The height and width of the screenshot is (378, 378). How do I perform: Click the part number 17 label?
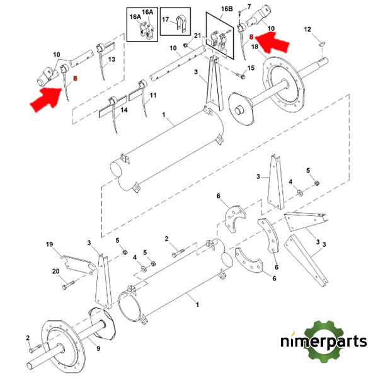[x=165, y=20]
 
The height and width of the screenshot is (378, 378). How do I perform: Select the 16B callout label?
[x=227, y=9]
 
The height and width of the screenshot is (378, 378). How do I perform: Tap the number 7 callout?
[x=249, y=6]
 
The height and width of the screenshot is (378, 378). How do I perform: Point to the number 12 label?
[x=307, y=30]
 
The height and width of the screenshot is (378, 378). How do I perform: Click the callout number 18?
[x=255, y=47]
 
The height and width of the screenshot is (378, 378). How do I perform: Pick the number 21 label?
[x=197, y=35]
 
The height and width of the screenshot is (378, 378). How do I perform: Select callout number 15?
[x=250, y=68]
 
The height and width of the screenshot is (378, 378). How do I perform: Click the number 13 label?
[x=112, y=59]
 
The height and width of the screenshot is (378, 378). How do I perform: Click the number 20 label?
[x=55, y=272]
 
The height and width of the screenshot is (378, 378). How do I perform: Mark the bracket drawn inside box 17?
[x=183, y=28]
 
